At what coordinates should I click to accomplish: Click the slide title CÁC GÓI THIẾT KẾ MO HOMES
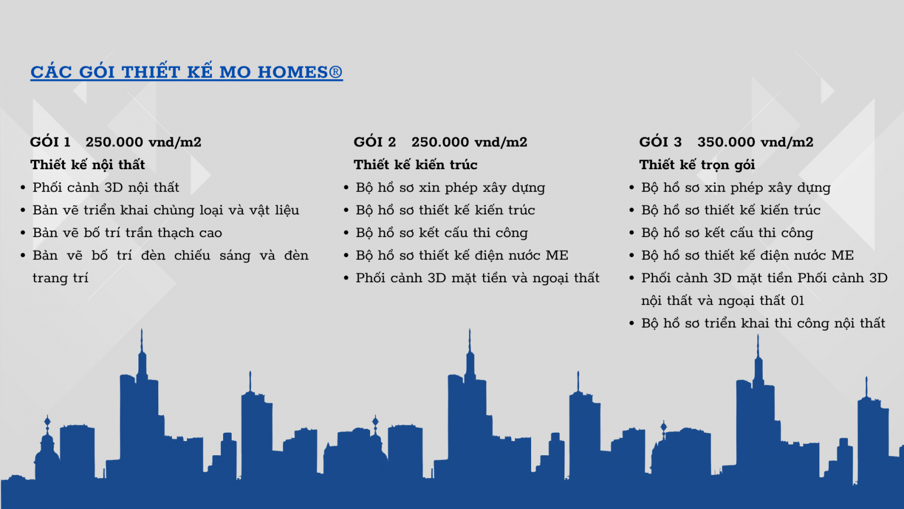[186, 71]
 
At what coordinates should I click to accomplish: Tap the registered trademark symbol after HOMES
[336, 72]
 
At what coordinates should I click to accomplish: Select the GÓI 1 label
[50, 141]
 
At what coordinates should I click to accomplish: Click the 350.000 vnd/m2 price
[755, 142]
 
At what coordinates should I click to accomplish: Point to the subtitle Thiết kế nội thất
[88, 165]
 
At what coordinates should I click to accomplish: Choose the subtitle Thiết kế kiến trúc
[415, 165]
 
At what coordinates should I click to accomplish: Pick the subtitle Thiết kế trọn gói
[697, 165]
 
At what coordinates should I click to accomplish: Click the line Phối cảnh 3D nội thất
[106, 187]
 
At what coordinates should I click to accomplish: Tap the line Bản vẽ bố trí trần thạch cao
[127, 232]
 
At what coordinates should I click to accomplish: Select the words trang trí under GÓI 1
[60, 278]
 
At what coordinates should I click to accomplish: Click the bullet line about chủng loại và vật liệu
[166, 210]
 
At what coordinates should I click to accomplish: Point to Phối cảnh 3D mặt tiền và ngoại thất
[477, 278]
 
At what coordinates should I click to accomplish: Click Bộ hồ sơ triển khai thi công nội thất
[763, 323]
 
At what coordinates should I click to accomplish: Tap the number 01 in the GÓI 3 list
[797, 300]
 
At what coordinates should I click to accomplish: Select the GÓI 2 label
[375, 141]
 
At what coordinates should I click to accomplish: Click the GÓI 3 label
[660, 141]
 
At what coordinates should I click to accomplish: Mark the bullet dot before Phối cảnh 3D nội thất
[23, 188]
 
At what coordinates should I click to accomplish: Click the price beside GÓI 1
[144, 142]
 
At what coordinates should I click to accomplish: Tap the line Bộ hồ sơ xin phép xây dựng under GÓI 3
[736, 187]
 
